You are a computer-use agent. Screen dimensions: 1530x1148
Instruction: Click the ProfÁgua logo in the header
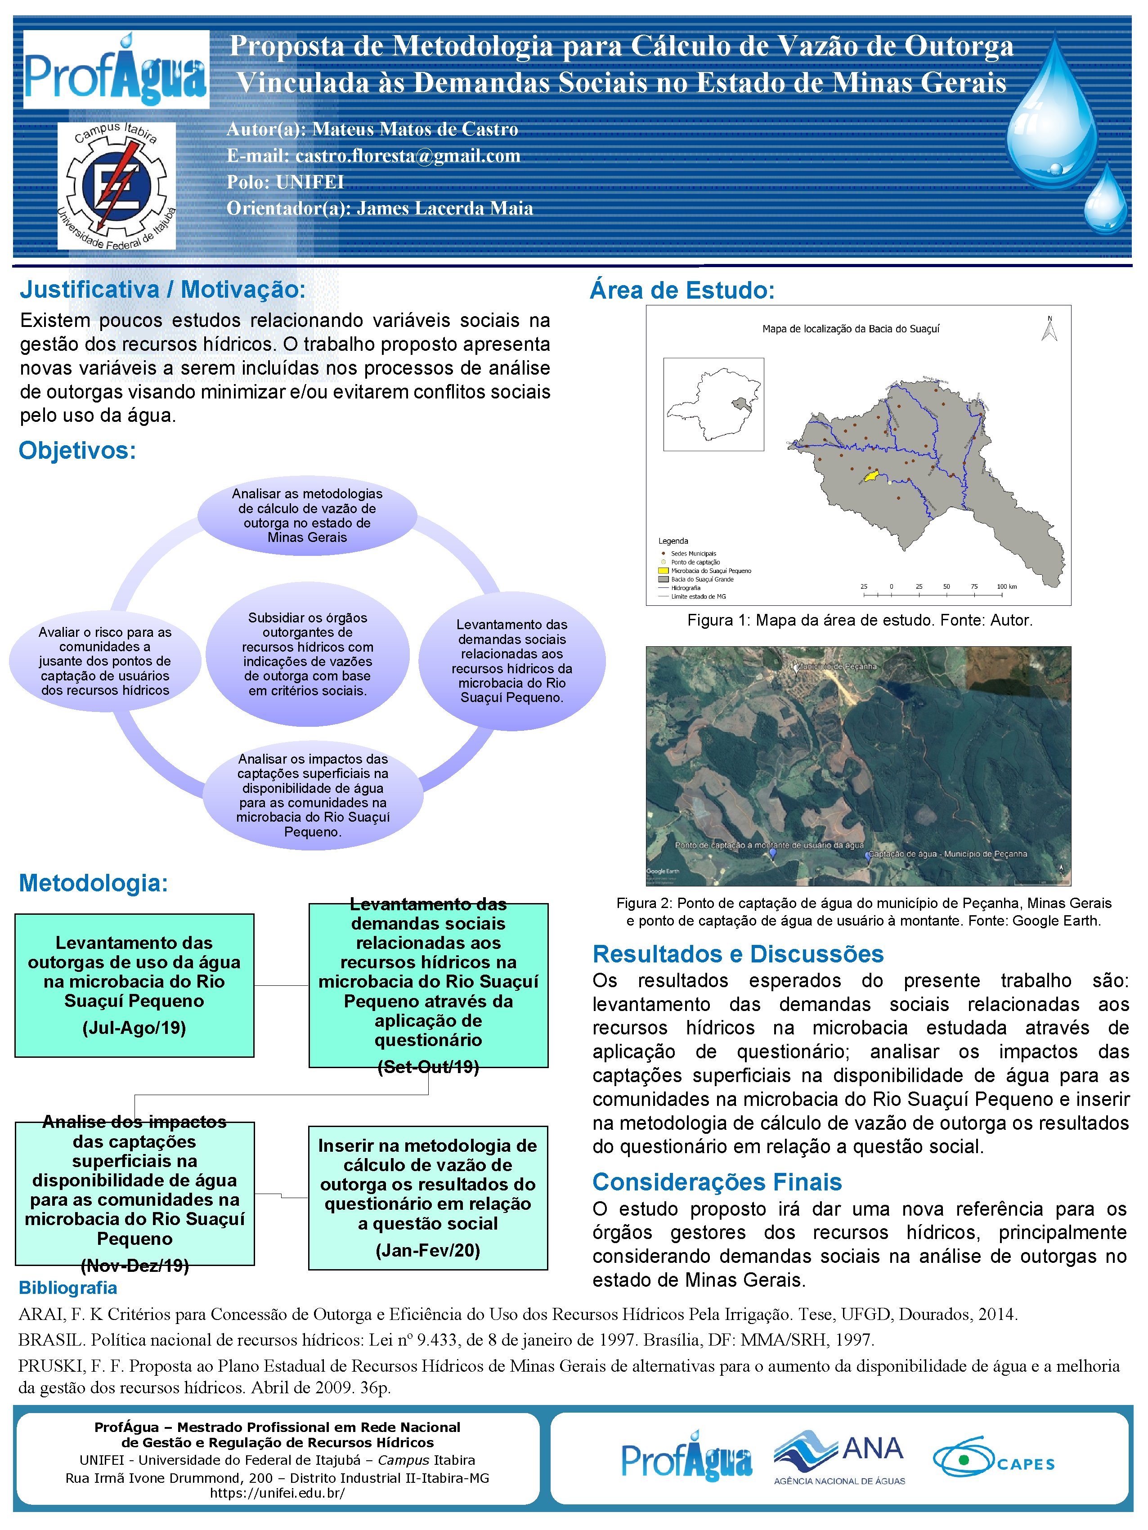[x=116, y=70]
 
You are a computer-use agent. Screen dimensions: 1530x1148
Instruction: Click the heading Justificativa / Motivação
[x=162, y=290]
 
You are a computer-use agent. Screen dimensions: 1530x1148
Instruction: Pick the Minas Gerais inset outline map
[x=713, y=405]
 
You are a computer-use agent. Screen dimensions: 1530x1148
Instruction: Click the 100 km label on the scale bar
[x=1007, y=586]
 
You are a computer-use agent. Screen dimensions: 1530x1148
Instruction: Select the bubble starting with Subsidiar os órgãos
[x=307, y=653]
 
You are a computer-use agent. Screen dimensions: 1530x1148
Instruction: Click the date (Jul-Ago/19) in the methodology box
[x=134, y=1028]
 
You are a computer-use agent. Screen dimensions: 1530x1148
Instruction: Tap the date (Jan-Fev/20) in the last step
[x=428, y=1251]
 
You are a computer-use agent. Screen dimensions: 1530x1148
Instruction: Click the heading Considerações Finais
[x=717, y=1182]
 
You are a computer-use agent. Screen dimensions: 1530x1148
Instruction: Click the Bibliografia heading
[x=68, y=1288]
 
